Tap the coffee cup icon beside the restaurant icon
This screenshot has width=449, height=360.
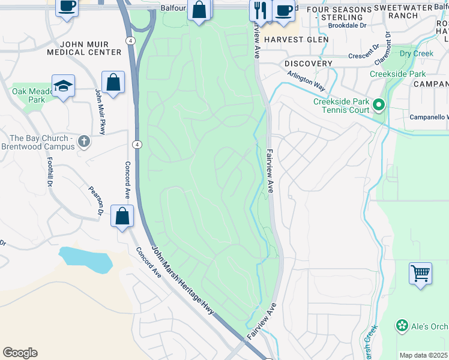[283, 10]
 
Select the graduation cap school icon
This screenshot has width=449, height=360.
[63, 86]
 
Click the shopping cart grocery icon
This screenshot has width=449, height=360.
[420, 274]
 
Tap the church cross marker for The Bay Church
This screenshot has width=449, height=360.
[84, 142]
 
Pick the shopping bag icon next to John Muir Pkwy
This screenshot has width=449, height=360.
[113, 82]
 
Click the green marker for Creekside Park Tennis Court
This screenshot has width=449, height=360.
[378, 106]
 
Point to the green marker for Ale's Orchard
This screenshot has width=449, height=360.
[402, 326]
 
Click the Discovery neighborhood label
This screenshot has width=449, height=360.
[309, 64]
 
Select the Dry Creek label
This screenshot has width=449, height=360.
[417, 53]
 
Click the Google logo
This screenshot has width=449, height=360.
[20, 353]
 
